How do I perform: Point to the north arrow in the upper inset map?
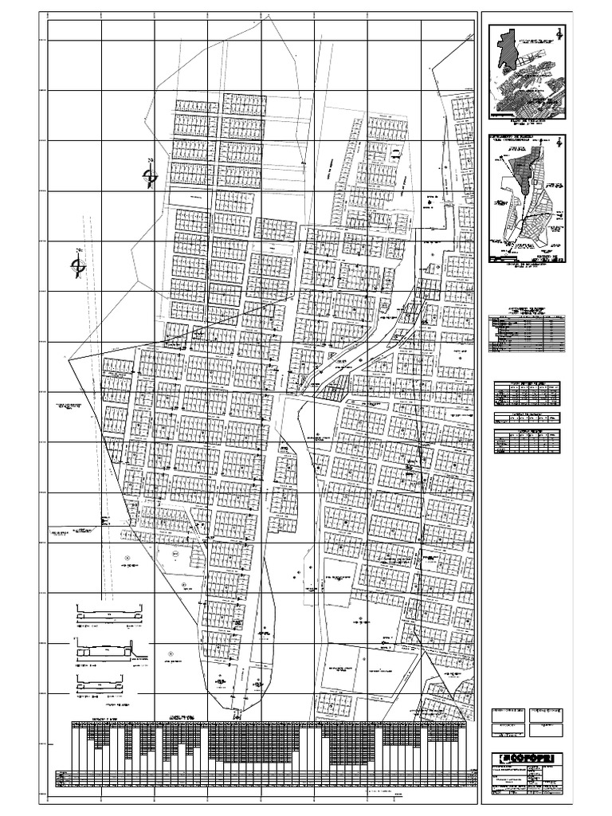[559, 33]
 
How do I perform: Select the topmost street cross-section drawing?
[109, 615]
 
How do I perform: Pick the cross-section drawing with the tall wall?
[109, 650]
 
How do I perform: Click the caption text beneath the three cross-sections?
[109, 705]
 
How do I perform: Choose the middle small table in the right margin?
[525, 416]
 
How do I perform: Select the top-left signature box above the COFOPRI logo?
[504, 710]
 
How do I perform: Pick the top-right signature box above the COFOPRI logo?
[547, 710]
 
